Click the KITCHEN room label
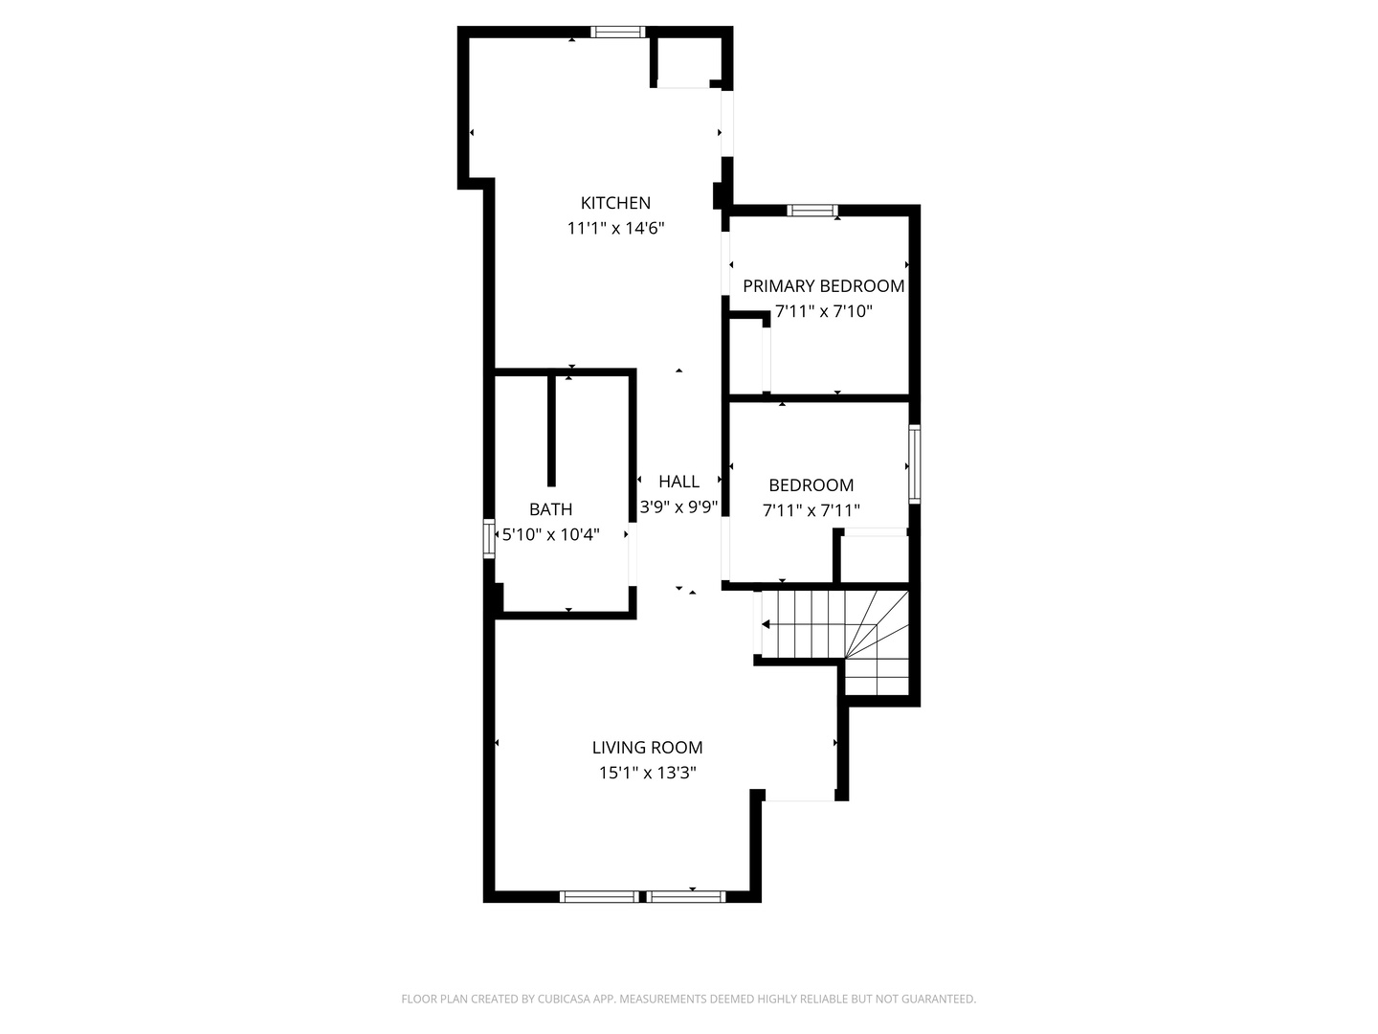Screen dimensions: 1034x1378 click(x=615, y=203)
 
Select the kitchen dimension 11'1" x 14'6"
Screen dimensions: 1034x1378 click(x=615, y=229)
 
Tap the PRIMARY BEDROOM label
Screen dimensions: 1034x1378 click(x=823, y=286)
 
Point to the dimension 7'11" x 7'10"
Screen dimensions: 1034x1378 click(x=823, y=311)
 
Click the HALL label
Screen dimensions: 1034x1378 click(x=678, y=482)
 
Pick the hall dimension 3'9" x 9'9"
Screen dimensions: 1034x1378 click(x=678, y=507)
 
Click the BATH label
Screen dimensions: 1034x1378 click(x=550, y=509)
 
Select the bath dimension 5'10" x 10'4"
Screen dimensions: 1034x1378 click(x=550, y=534)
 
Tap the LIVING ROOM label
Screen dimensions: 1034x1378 click(x=647, y=748)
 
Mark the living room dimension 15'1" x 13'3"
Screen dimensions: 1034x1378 click(x=647, y=773)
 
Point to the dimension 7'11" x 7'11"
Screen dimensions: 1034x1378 click(x=811, y=511)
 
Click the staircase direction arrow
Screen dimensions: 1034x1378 click(x=767, y=624)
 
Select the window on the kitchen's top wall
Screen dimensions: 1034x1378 click(x=618, y=32)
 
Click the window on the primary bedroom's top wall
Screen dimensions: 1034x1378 click(x=812, y=211)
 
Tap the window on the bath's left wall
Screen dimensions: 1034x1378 click(x=489, y=538)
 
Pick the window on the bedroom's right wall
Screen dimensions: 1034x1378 click(x=914, y=464)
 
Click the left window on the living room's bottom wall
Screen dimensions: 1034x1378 click(x=599, y=897)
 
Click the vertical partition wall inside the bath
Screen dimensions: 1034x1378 click(x=551, y=431)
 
